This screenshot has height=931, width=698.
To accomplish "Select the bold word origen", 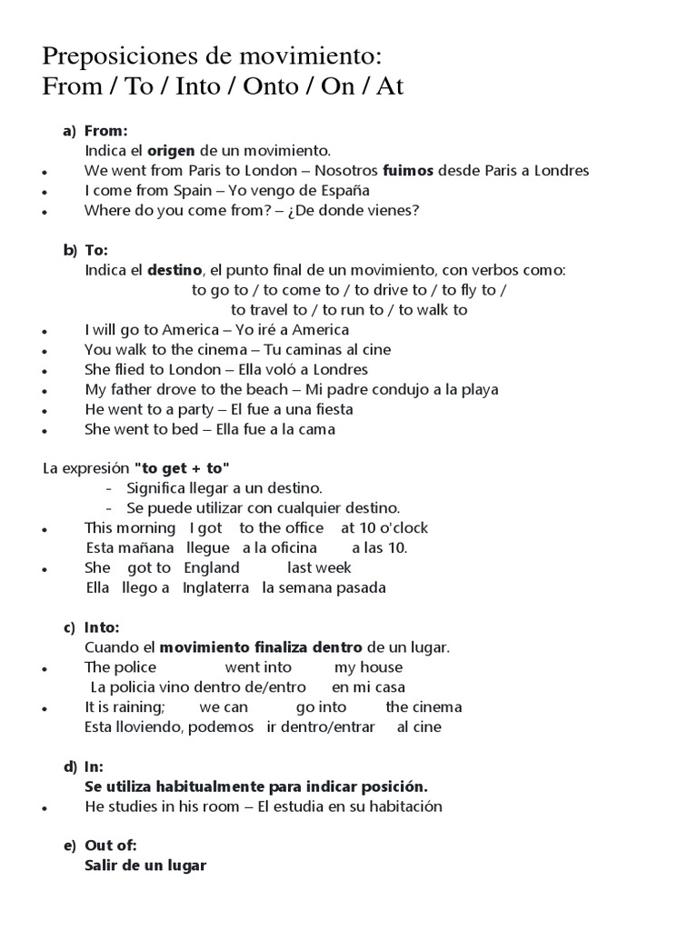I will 171,150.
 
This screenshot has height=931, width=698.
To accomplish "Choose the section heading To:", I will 96,250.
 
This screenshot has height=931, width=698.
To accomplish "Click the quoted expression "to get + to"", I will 182,468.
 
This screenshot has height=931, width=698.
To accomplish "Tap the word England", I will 212,568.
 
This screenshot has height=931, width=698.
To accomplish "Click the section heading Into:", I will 102,627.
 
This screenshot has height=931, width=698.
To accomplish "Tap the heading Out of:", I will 110,846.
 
